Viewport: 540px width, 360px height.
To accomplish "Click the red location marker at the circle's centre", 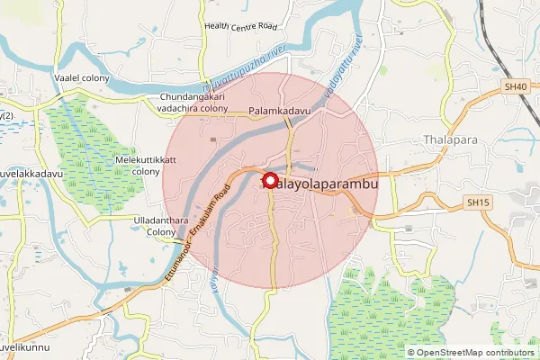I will [267, 178].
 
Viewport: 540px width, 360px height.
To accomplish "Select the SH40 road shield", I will [515, 87].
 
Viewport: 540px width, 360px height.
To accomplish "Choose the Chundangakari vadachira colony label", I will [194, 102].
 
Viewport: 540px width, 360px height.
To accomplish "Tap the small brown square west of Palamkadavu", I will [213, 139].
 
